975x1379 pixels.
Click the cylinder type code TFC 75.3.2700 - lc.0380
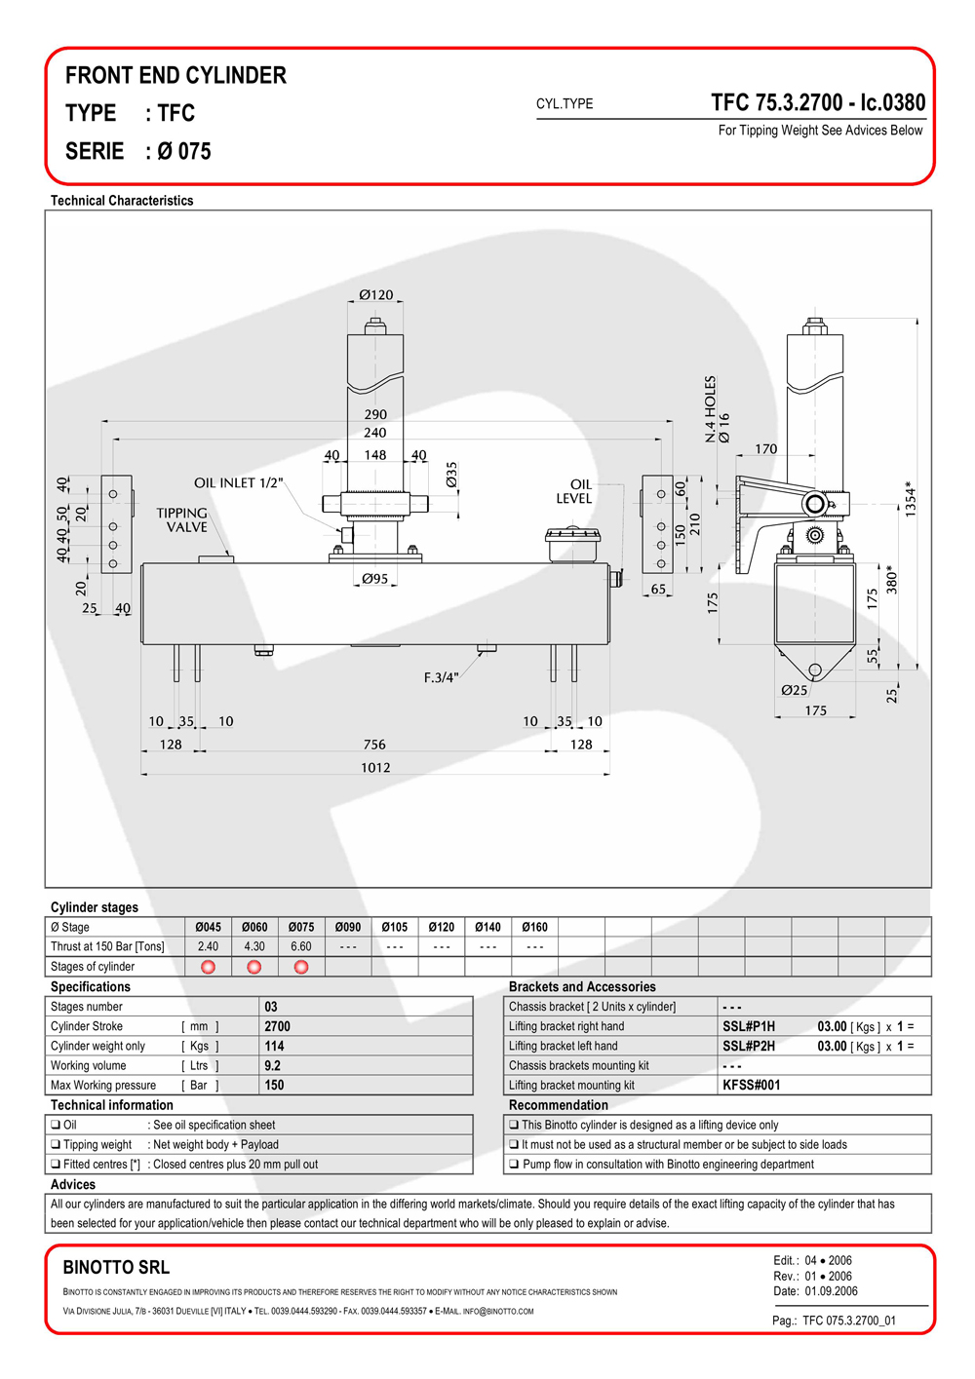(818, 102)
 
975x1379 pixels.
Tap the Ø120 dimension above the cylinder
(375, 295)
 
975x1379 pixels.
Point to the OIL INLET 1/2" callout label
(238, 482)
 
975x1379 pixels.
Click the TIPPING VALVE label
(181, 520)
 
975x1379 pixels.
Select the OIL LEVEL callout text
(574, 491)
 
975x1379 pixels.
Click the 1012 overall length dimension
(375, 768)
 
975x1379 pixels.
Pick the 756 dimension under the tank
(374, 745)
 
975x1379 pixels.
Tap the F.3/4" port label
(441, 677)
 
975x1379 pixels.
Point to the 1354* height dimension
(911, 498)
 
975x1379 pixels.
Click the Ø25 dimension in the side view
(794, 690)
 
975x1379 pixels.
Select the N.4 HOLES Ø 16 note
(718, 409)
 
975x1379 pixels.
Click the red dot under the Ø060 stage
(253, 967)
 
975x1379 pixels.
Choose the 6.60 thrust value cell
(301, 947)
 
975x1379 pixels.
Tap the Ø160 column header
(534, 927)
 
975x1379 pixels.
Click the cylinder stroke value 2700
(277, 1026)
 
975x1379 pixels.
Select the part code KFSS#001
(752, 1086)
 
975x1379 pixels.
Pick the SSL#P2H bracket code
(749, 1046)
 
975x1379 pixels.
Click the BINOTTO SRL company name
(116, 1267)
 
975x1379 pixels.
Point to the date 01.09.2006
(831, 1291)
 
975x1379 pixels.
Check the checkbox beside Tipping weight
(56, 1144)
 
